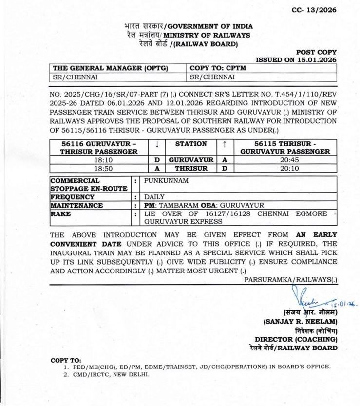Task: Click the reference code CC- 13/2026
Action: [314, 10]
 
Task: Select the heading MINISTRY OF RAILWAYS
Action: [207, 35]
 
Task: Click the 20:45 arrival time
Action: [285, 160]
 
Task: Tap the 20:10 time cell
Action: [285, 168]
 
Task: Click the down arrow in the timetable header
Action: [157, 144]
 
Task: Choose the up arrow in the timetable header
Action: [225, 144]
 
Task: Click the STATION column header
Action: [191, 144]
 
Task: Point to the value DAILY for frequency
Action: [154, 197]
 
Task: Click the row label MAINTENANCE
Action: [76, 206]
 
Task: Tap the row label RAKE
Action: [60, 214]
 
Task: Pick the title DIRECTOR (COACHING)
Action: [295, 339]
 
